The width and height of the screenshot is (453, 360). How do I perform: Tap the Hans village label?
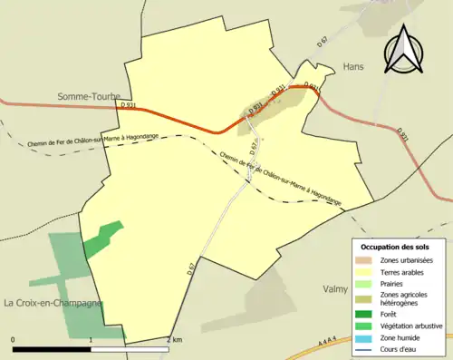coord(352,67)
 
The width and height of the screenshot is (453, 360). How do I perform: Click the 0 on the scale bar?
coord(13,340)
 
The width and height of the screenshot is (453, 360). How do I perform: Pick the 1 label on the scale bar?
coord(91,340)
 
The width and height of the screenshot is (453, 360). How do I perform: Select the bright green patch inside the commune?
coord(103,238)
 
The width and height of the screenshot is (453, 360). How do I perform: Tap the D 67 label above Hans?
coord(322,41)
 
